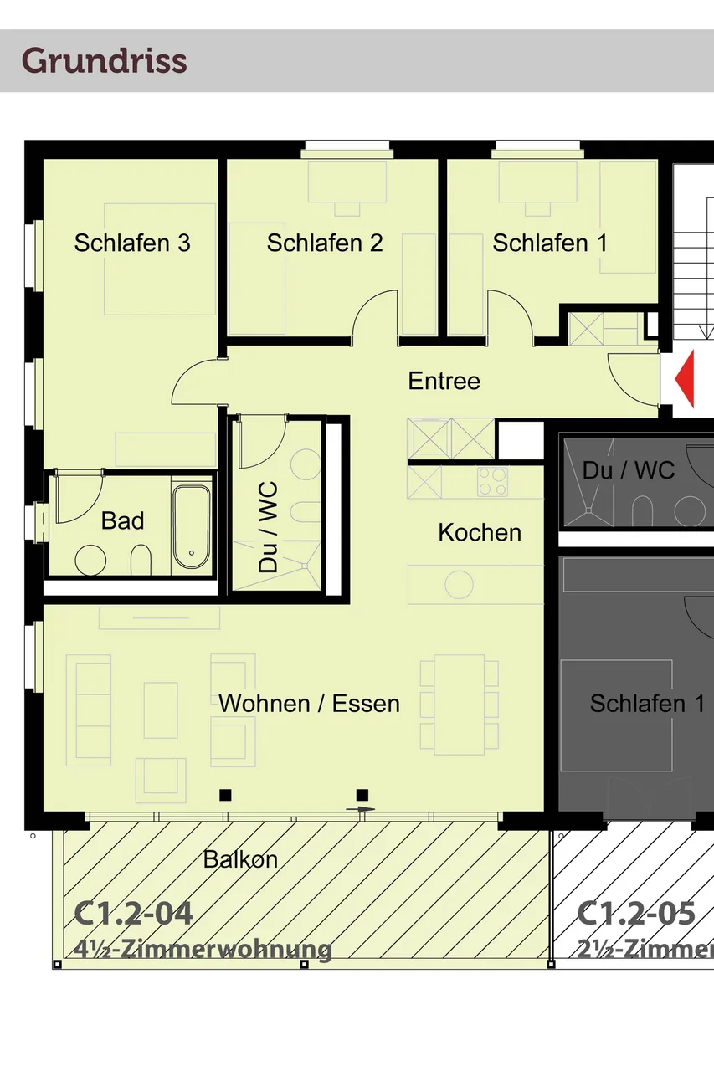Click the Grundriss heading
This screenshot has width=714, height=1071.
coord(104,61)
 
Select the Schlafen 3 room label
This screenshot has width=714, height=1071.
coord(132,243)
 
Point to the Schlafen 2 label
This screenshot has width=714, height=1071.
coord(325,243)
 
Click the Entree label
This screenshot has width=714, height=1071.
coord(444,382)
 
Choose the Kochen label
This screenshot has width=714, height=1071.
coord(480,532)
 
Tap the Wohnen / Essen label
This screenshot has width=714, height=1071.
coord(309,704)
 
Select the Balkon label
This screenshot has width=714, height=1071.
coord(240,859)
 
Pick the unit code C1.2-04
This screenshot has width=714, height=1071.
coord(134,913)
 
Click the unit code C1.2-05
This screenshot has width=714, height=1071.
coord(636,913)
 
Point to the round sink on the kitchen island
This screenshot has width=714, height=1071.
coord(459,584)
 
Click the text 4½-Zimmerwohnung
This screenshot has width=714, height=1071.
coord(203,950)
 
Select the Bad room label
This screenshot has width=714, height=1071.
coord(122,520)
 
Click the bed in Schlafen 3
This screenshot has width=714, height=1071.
coord(159,259)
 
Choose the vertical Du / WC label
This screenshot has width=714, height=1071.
coord(269,526)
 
